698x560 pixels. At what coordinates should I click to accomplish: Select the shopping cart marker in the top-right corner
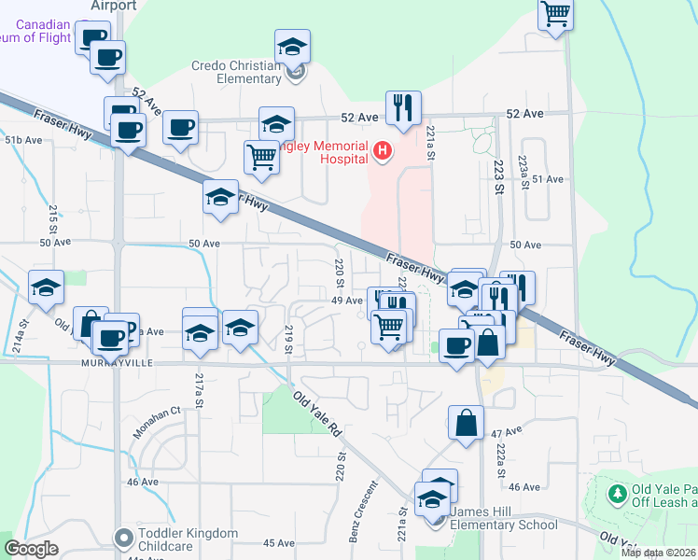click(556, 14)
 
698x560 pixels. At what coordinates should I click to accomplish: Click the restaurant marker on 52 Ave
click(403, 107)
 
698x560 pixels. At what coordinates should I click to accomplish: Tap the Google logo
click(32, 549)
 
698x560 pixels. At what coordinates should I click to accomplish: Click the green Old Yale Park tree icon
click(617, 492)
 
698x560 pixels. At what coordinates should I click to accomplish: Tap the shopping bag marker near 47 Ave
click(466, 422)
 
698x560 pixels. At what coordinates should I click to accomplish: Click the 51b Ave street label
click(23, 140)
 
